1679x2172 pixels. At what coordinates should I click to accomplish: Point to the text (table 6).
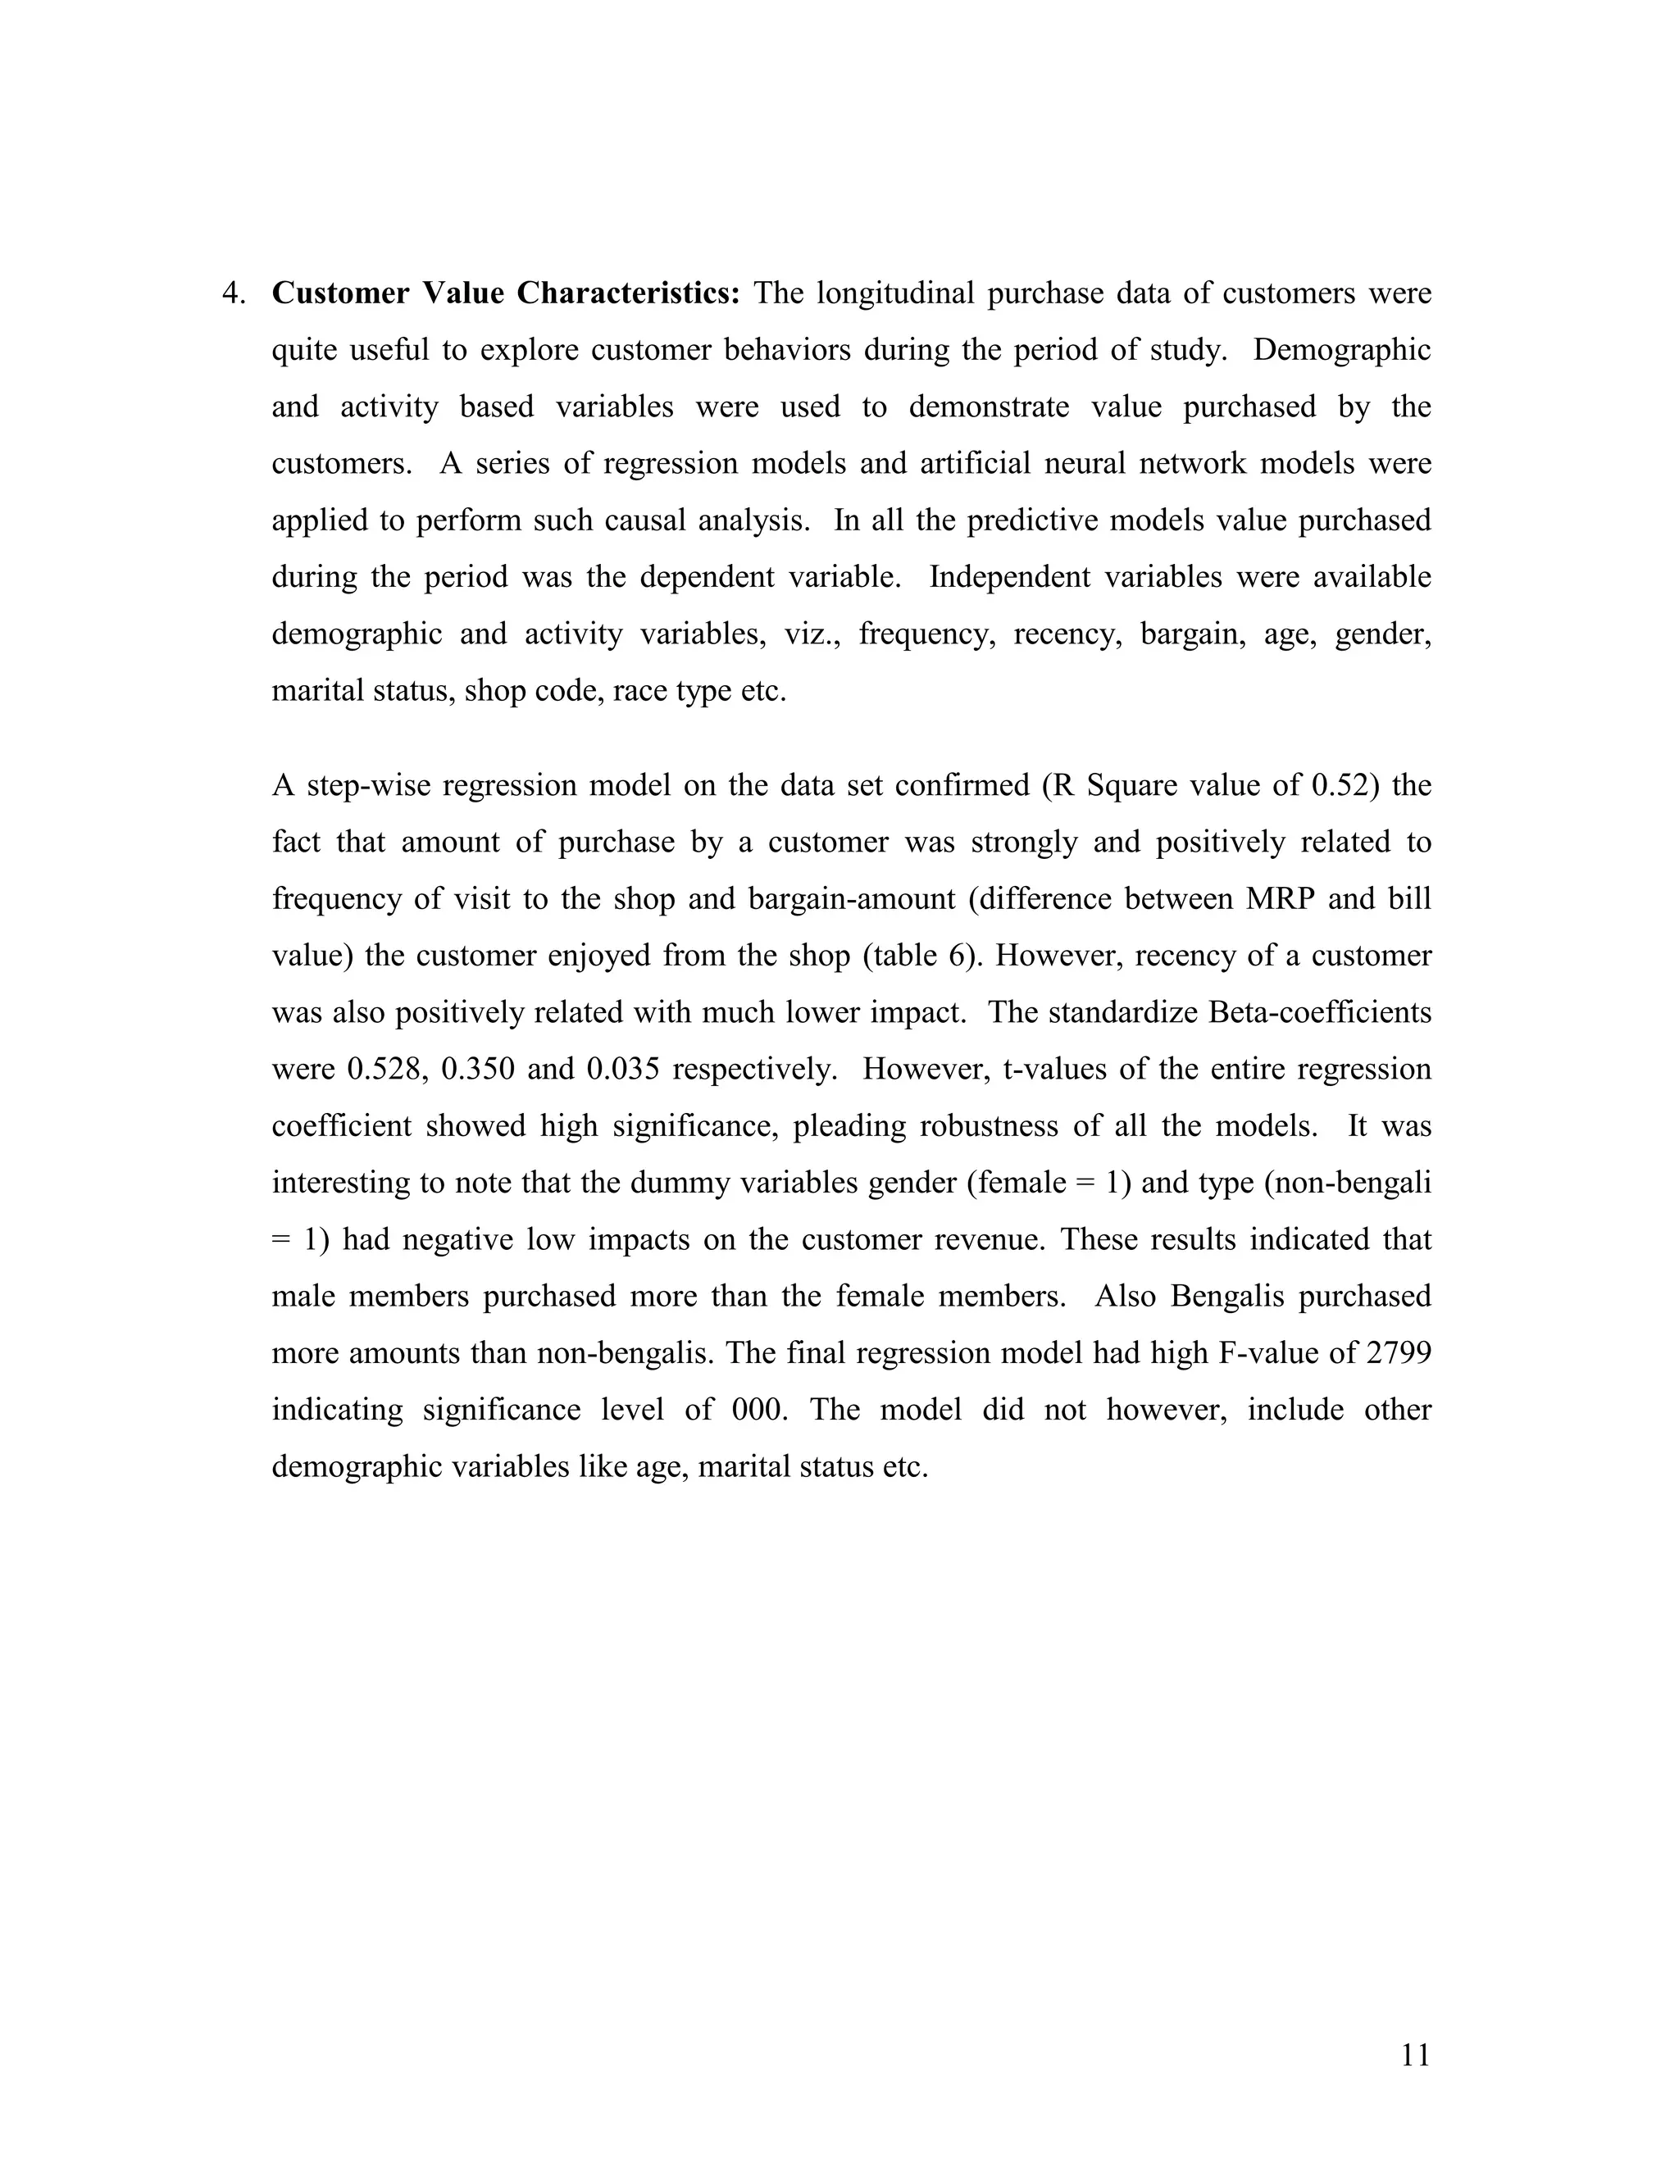924,956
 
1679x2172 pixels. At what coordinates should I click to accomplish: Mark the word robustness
981,1126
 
